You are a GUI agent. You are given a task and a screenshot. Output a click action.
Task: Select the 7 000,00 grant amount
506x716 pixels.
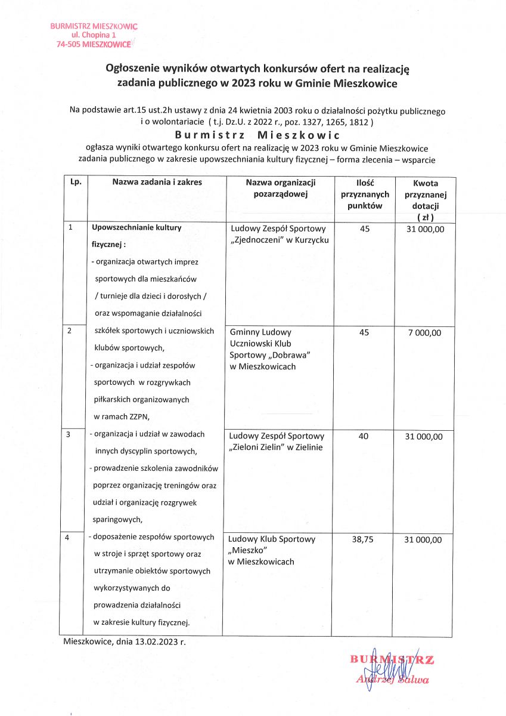(x=424, y=333)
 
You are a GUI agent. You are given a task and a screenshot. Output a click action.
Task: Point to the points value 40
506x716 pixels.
(x=364, y=437)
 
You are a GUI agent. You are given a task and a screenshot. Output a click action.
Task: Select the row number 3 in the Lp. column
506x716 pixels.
(x=69, y=435)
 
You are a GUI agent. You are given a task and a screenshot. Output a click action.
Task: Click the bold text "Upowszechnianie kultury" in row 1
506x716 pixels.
(x=136, y=227)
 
